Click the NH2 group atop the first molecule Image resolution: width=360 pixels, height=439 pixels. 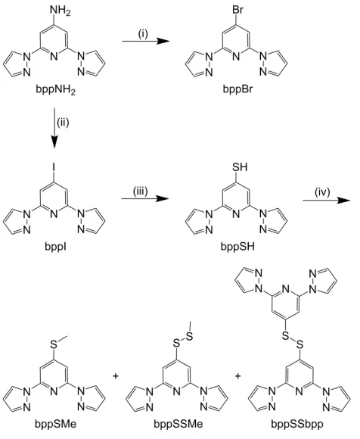click(61, 11)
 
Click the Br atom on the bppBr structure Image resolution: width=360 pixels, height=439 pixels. click(237, 11)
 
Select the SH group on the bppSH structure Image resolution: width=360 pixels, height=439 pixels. click(240, 167)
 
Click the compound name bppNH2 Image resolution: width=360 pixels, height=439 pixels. click(55, 90)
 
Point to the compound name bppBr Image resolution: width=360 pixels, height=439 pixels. click(237, 89)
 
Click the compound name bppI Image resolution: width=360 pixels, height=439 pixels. click(55, 247)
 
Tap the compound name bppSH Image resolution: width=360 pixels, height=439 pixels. click(237, 247)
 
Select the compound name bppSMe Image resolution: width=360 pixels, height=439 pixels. click(55, 424)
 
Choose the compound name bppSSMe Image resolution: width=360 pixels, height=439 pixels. click(178, 424)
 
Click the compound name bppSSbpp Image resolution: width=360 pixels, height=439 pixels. click(296, 424)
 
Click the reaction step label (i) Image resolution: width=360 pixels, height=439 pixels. click(143, 34)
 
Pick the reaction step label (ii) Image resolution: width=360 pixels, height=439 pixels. click(63, 123)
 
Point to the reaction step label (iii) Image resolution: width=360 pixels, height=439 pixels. click(140, 191)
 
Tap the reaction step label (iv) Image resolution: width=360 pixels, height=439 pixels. click(322, 192)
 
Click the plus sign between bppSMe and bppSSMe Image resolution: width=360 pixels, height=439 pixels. click(115, 375)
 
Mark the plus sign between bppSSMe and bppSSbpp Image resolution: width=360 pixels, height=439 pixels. click(237, 375)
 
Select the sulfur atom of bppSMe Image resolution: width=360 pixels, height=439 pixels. click(54, 344)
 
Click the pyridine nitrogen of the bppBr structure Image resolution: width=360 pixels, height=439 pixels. click(237, 57)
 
